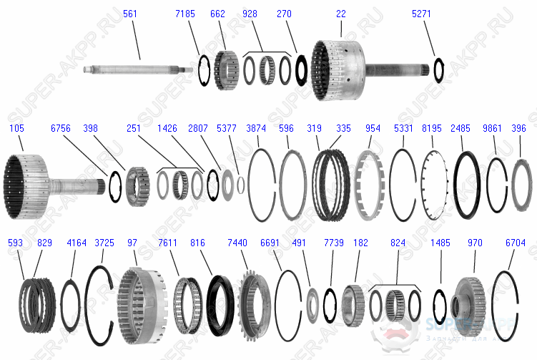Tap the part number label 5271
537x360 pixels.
[422, 14]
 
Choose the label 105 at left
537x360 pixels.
[16, 128]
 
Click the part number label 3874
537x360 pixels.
[256, 128]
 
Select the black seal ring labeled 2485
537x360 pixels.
[467, 184]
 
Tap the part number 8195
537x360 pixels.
[432, 128]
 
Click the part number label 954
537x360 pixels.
[373, 128]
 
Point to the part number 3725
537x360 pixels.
[104, 243]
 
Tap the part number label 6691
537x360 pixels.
[270, 243]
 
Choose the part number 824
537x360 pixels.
[398, 243]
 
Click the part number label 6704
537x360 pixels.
[515, 243]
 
